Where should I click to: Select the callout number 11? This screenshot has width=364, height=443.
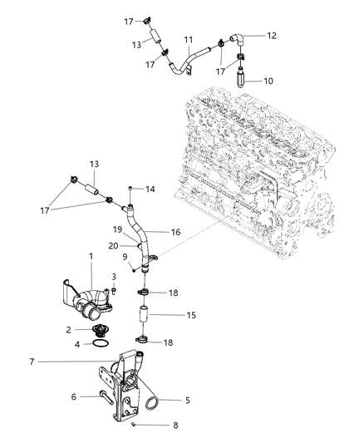pyautogui.click(x=189, y=39)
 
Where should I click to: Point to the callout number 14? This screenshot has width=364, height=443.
pyautogui.click(x=150, y=190)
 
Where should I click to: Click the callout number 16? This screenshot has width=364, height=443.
pyautogui.click(x=175, y=234)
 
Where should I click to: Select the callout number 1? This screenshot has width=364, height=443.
pyautogui.click(x=92, y=258)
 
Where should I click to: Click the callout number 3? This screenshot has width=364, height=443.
pyautogui.click(x=115, y=277)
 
